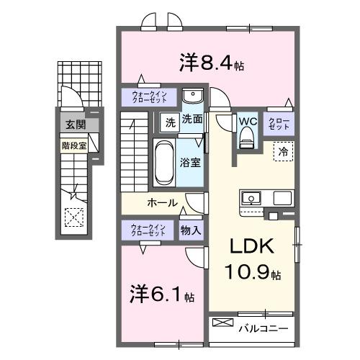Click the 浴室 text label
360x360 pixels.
(191, 163)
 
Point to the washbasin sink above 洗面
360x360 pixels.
(192, 97)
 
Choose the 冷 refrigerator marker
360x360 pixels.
(283, 152)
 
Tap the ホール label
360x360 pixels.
(162, 202)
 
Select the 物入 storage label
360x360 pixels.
(191, 230)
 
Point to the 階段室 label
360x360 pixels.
(72, 144)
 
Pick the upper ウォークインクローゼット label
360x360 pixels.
(149, 96)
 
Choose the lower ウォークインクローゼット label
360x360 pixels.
(148, 230)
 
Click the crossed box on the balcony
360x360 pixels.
(223, 324)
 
